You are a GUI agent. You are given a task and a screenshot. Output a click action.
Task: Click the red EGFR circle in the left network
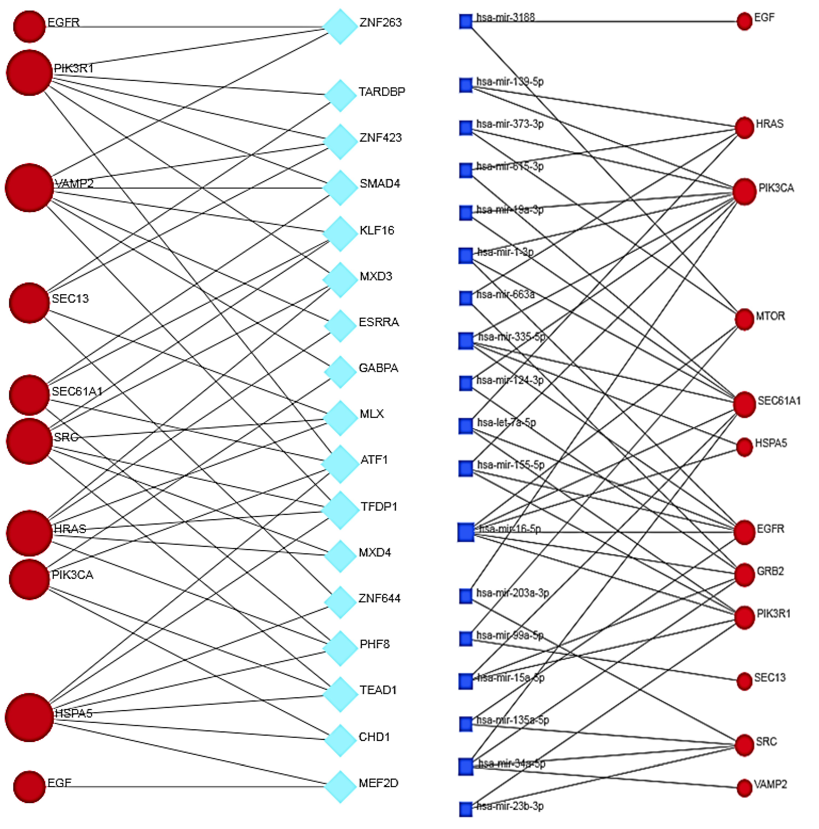(x=29, y=27)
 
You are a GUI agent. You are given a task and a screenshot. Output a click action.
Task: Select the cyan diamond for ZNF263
(x=340, y=27)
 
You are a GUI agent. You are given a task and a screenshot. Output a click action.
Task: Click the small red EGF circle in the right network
(x=744, y=21)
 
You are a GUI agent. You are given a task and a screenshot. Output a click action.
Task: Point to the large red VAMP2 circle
(x=29, y=188)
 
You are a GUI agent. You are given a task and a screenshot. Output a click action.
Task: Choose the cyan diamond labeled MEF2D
(x=340, y=787)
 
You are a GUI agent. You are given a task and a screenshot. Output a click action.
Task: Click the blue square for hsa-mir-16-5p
(x=466, y=532)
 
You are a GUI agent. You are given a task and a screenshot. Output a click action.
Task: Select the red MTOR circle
(x=744, y=319)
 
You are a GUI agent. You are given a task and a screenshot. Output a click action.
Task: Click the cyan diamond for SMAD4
(x=340, y=188)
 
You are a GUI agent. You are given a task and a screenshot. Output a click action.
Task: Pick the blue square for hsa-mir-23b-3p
(x=466, y=809)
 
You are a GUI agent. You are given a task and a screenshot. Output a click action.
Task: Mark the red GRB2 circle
(x=744, y=574)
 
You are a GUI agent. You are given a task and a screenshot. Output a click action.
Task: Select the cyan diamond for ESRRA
(x=340, y=326)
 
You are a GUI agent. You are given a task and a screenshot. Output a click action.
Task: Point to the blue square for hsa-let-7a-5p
(x=466, y=426)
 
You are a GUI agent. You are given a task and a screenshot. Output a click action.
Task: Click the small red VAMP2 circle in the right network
(x=744, y=788)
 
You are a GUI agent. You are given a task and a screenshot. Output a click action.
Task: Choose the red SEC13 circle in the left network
(x=29, y=302)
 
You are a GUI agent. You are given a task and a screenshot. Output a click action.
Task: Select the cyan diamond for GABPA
(x=340, y=372)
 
